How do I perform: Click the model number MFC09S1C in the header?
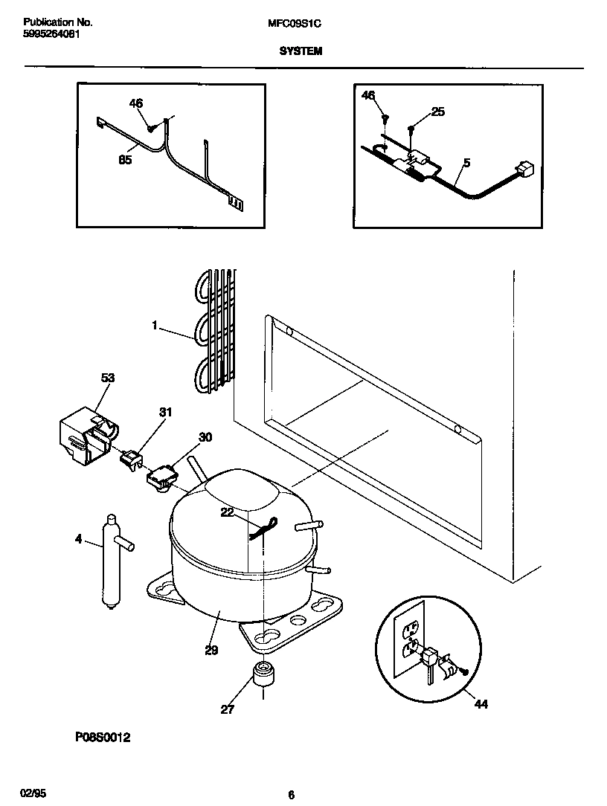point(294,23)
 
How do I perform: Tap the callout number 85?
point(125,159)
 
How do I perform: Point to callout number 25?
point(437,112)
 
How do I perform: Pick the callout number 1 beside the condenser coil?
point(155,325)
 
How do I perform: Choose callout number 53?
point(108,378)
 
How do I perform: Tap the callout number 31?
point(165,412)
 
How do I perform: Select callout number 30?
point(205,437)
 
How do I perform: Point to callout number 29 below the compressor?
point(211,651)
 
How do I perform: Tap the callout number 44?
point(481,703)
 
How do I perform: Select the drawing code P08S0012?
point(103,738)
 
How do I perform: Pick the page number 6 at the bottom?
point(292,795)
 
